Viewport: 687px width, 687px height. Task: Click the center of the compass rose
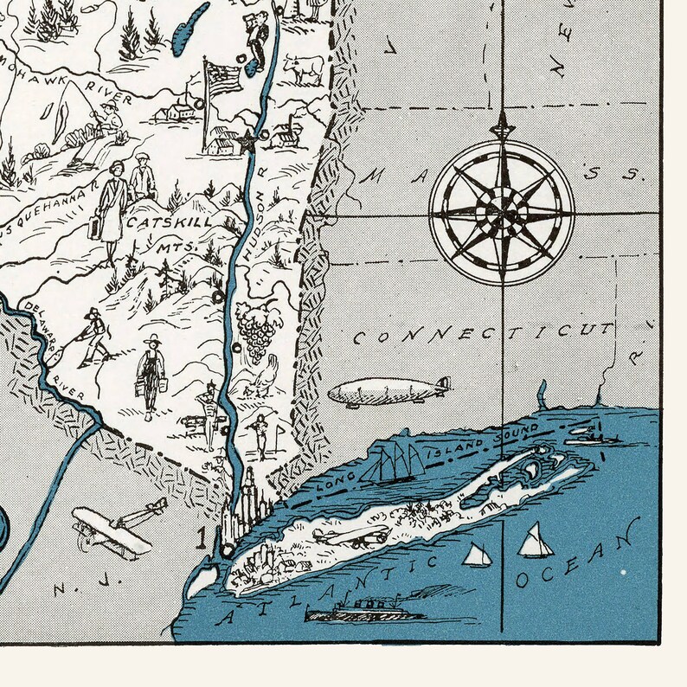click(502, 212)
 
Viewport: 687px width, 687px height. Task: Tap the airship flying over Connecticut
click(389, 391)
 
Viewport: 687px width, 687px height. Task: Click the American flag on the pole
click(223, 79)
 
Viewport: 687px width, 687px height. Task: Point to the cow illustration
click(303, 68)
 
